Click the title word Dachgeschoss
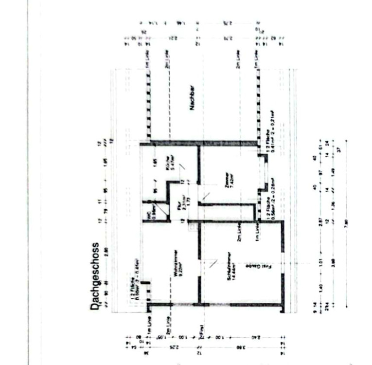[x=95, y=277]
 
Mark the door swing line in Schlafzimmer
[x=213, y=264]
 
